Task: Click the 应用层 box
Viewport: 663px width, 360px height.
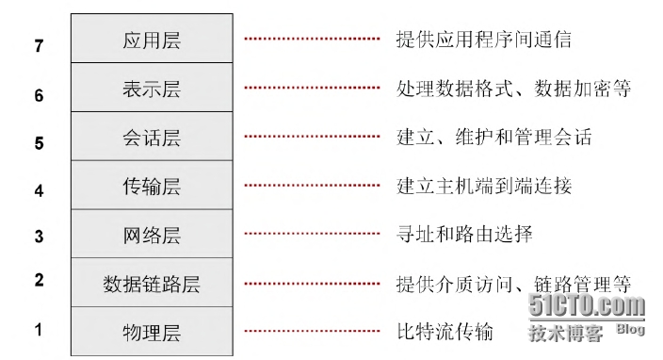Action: pos(152,41)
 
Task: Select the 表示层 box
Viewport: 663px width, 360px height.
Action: pos(152,89)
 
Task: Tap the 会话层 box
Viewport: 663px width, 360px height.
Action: pos(152,138)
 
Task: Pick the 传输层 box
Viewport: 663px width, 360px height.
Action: pos(152,186)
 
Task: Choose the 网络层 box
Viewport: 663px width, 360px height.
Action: pos(152,235)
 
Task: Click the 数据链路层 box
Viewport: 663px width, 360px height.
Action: pos(152,283)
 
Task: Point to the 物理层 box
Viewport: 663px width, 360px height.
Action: pos(152,332)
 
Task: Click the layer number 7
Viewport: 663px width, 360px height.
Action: pos(39,45)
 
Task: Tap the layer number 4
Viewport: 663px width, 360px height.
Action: pos(39,190)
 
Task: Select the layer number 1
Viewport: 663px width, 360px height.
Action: pos(39,330)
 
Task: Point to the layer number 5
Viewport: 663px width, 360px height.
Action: pos(39,143)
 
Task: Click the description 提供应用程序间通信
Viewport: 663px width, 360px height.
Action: pos(483,40)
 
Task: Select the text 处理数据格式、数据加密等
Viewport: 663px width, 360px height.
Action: pos(513,89)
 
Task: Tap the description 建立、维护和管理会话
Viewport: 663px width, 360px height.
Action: pos(493,138)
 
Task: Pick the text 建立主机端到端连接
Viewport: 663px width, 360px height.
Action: pos(483,186)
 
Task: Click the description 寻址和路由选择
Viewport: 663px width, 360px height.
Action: pos(464,234)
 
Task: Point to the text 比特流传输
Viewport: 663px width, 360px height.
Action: pos(444,332)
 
